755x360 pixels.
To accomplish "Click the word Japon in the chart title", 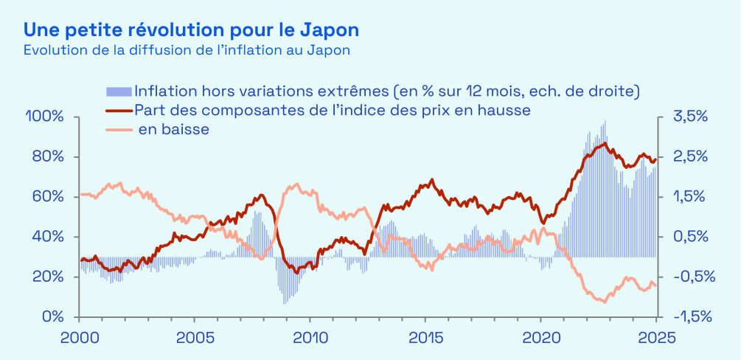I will click(330, 30).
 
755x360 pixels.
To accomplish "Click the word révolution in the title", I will click(170, 30).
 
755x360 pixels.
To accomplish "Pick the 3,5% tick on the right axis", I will click(690, 117).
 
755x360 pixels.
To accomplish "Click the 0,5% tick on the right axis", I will click(690, 237).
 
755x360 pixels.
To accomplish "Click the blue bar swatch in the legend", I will click(119, 91).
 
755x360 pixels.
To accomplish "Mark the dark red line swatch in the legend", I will click(119, 111).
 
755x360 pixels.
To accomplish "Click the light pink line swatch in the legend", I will click(119, 130).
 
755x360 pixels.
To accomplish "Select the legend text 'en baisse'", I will click(174, 130).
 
